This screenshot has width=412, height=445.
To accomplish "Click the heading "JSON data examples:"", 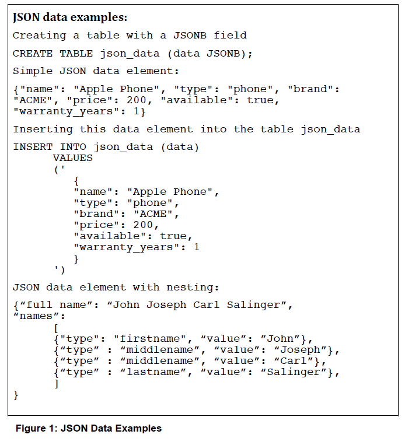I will pyautogui.click(x=70, y=17).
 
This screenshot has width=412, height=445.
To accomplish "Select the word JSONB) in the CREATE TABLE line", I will pyautogui.click(x=229, y=54).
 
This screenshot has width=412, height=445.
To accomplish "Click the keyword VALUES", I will pyautogui.click(x=72, y=157).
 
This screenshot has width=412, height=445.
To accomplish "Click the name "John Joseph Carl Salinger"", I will pyautogui.click(x=199, y=304).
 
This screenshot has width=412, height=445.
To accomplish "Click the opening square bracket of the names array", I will pyautogui.click(x=56, y=327).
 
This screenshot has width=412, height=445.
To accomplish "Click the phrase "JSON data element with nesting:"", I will pyautogui.click(x=116, y=287).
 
